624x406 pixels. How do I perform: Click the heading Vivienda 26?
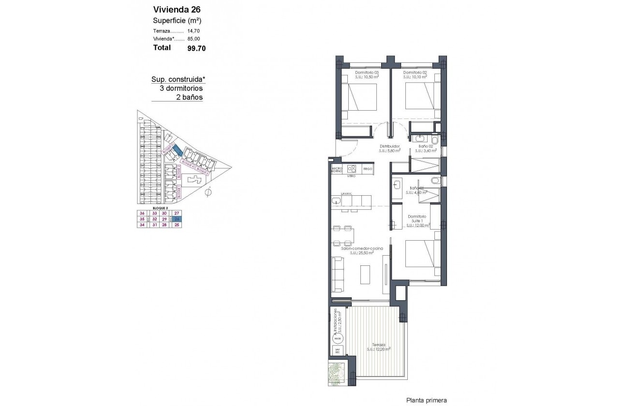[x=177, y=9]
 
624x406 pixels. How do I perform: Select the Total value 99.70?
[x=196, y=48]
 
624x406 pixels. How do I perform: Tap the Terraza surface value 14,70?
[x=193, y=30]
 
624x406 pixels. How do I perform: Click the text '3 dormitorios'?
[x=181, y=88]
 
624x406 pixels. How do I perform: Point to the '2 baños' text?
[x=189, y=97]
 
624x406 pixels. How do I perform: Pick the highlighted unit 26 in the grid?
[x=177, y=219]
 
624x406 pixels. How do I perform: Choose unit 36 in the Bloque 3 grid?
[x=142, y=213]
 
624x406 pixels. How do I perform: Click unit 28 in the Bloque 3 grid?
[x=164, y=225]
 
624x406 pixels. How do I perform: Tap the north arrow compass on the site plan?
[x=208, y=193]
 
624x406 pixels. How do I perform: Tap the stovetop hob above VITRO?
[x=353, y=169]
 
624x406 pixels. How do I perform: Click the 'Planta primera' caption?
[x=426, y=400]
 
